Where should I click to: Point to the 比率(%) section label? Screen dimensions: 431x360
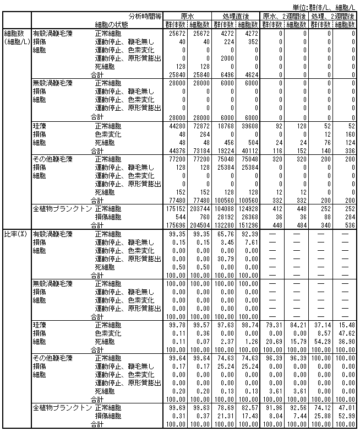coord(15,234)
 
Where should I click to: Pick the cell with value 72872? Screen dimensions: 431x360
coord(201,126)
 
